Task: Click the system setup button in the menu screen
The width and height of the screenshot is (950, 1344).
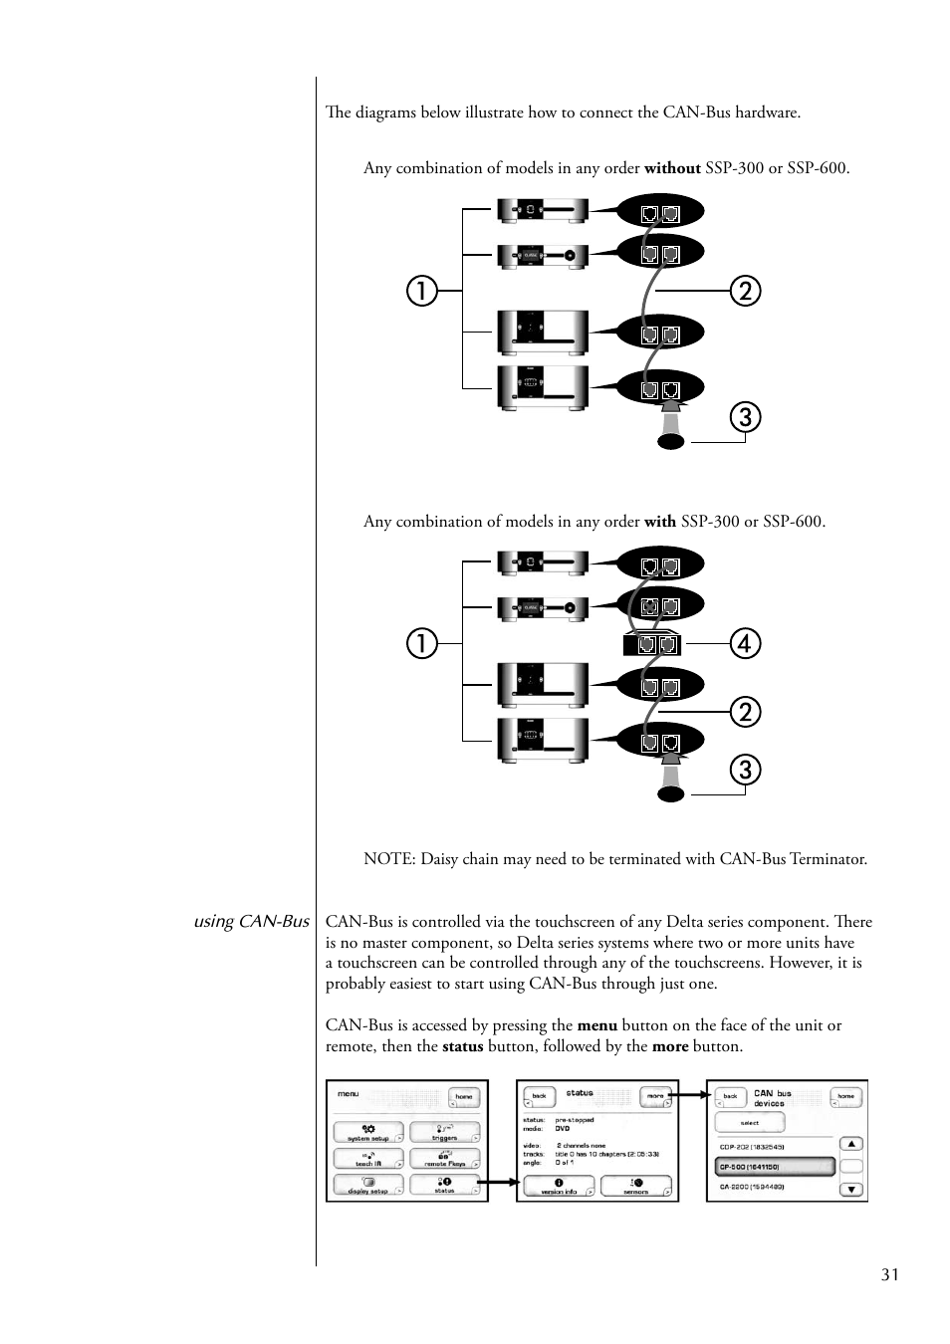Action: coord(368,1133)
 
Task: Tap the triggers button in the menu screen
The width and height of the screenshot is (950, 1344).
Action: coord(444,1133)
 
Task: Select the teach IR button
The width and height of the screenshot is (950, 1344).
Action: coord(368,1159)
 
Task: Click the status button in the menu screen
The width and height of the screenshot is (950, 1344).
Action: coord(444,1185)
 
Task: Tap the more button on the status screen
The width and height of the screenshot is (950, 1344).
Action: coord(655,1095)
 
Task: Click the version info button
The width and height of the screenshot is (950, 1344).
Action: coord(559,1186)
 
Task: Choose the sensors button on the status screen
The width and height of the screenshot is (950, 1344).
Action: coord(636,1186)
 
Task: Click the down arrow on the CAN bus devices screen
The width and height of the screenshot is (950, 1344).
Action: coord(851,1189)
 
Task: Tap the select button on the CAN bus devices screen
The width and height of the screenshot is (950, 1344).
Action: coord(750,1122)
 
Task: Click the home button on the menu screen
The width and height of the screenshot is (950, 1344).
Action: coord(464,1096)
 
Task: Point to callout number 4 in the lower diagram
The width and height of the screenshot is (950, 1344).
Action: coord(744,643)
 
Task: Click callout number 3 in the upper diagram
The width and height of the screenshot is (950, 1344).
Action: coord(744,416)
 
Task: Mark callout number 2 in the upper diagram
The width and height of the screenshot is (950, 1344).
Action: coord(744,291)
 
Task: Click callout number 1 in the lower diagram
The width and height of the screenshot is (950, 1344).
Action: coord(421,643)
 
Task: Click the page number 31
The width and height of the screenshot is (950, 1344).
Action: coord(889,1275)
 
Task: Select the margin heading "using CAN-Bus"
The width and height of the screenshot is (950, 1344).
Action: coord(251,922)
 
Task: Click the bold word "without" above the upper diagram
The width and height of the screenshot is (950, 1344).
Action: coord(672,168)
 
